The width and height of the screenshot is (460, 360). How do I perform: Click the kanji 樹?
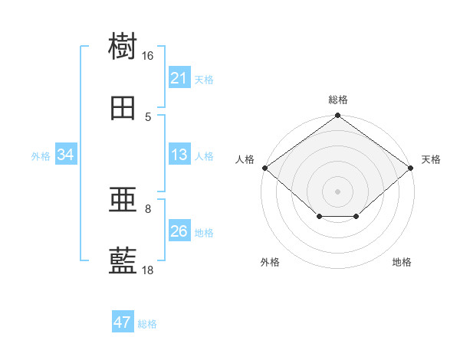click(123, 45)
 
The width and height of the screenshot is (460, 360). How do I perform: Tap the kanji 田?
click(123, 108)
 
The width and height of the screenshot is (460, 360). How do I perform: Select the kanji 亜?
click(123, 200)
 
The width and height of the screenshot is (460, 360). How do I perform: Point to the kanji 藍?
click(123, 260)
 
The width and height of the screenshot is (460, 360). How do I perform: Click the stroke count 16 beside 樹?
click(147, 56)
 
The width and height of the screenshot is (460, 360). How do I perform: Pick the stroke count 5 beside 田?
click(148, 117)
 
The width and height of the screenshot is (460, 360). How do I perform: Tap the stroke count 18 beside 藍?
click(147, 270)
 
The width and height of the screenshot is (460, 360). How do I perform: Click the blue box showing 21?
click(179, 77)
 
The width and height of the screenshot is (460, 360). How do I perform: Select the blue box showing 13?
click(179, 154)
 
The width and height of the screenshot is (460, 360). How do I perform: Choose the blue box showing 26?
click(179, 230)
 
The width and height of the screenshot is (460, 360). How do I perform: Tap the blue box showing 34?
click(66, 154)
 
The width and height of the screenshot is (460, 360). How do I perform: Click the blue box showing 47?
click(123, 321)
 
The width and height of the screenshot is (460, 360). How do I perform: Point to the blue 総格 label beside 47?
click(147, 324)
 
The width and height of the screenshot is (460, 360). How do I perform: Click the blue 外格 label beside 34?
click(41, 156)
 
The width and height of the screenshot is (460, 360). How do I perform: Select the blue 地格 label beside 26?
click(204, 233)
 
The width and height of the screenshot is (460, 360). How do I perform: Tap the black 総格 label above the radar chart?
click(338, 100)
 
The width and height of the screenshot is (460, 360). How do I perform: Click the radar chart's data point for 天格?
click(411, 168)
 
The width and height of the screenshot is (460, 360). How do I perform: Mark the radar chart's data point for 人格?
click(265, 168)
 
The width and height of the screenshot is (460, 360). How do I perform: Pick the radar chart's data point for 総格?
click(337, 115)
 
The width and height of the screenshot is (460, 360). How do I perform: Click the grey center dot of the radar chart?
click(337, 191)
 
